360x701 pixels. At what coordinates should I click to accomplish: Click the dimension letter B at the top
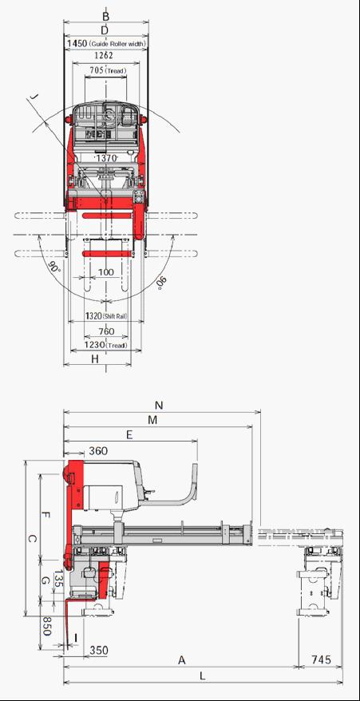point(105,17)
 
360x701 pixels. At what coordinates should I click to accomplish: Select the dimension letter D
point(105,30)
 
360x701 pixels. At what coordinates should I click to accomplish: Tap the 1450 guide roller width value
point(77,44)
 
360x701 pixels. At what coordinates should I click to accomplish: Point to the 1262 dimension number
point(105,55)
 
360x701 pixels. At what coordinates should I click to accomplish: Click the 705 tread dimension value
point(97,70)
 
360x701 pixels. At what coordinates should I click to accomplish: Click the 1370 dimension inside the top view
point(106,158)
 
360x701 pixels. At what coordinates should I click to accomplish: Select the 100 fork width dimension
point(106,271)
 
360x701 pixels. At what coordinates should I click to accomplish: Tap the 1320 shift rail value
point(93,316)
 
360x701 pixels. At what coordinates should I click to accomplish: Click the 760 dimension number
point(106,331)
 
